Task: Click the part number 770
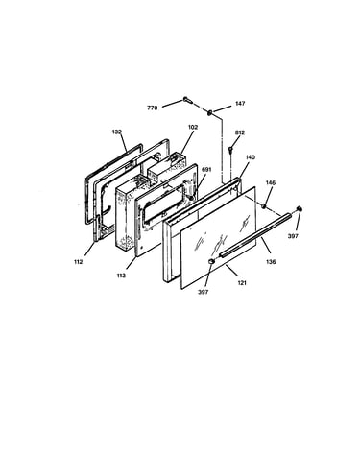coord(152,108)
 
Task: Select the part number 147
coord(240,104)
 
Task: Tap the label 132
coord(117,132)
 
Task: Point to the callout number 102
coord(193,127)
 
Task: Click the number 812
coord(240,132)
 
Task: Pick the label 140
coord(250,157)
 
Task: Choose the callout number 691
coord(206,170)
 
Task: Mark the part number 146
coord(271,182)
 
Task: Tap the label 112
coord(78,262)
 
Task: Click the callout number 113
coord(121,276)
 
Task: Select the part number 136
coord(271,262)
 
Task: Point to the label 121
coord(242,283)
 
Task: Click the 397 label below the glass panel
coord(203,292)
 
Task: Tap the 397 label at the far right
coord(293,236)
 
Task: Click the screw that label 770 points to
coord(188,100)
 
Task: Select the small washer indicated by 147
coord(210,112)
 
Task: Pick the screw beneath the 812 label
coord(230,150)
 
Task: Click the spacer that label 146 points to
coord(264,205)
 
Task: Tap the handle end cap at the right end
coord(300,209)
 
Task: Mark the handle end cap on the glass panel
coord(211,261)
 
